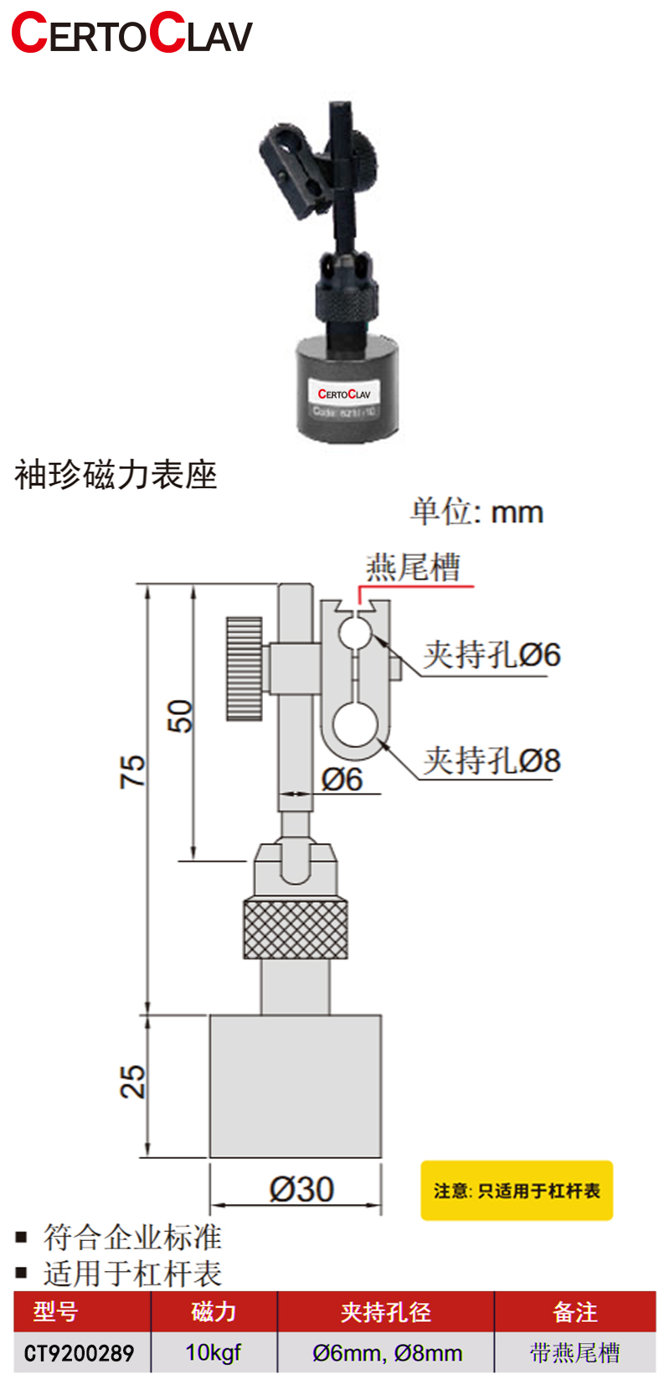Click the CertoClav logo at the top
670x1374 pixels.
coord(131,33)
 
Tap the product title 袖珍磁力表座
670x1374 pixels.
coord(116,475)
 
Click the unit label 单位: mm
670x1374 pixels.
coord(477,511)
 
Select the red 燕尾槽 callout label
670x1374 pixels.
coord(413,568)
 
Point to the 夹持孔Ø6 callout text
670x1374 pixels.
coord(492,654)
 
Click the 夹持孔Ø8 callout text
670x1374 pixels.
coord(492,760)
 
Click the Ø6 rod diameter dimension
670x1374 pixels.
coord(342,780)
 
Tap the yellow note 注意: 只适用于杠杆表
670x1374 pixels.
coord(517,1191)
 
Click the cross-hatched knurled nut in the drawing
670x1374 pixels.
coord(296,929)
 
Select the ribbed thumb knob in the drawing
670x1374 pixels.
coord(244,668)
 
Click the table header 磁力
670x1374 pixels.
coord(214,1311)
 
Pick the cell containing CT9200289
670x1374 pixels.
coord(80,1352)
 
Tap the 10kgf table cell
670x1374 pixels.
coord(214,1352)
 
